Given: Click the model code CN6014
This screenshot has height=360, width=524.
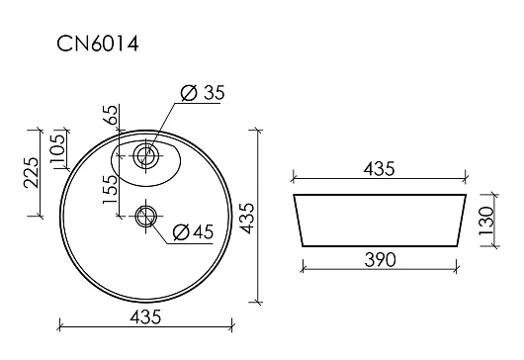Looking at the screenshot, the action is (97, 44).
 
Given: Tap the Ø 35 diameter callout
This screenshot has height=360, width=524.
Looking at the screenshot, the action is (203, 93).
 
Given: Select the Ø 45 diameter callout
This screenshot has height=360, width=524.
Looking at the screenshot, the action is (193, 232).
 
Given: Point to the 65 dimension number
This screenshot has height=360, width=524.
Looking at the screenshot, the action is (113, 115).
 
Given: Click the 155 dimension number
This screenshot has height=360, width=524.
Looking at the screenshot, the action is (111, 189).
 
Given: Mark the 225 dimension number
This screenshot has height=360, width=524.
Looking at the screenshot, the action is (31, 172).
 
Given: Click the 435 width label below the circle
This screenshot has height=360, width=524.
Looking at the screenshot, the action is (145, 316).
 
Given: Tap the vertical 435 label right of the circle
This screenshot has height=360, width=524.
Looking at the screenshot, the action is (247, 219).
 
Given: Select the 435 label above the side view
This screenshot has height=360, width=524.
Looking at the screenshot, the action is (380, 169).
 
